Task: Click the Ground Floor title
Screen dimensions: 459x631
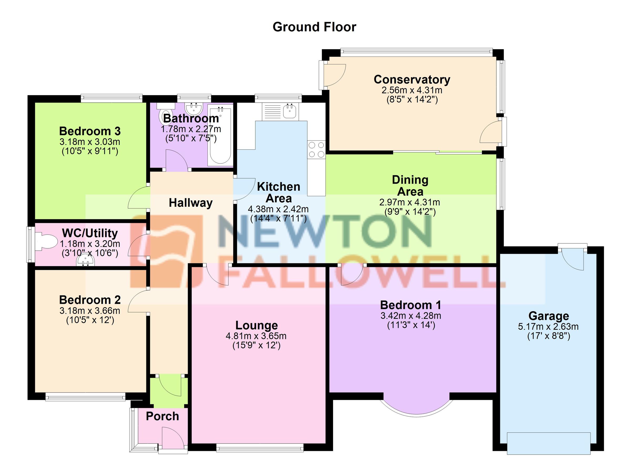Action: (314, 27)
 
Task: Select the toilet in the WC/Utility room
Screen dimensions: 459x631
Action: (46, 242)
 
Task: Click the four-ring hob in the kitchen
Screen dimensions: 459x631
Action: (316, 149)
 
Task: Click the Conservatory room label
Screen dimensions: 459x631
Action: (412, 80)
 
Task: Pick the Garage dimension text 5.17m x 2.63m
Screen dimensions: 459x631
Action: (548, 326)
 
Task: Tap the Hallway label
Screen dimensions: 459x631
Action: (191, 203)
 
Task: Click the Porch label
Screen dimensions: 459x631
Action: (162, 416)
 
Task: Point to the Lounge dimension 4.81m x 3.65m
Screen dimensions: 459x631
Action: (256, 336)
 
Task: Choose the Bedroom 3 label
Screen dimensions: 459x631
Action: (90, 131)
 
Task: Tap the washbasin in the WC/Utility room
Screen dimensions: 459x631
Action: (86, 261)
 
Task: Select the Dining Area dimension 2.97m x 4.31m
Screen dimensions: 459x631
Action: (410, 202)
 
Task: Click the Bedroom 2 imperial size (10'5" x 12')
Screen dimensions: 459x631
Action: (90, 320)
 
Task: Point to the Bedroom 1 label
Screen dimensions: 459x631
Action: (411, 305)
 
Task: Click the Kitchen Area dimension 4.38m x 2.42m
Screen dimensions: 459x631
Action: (278, 209)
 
